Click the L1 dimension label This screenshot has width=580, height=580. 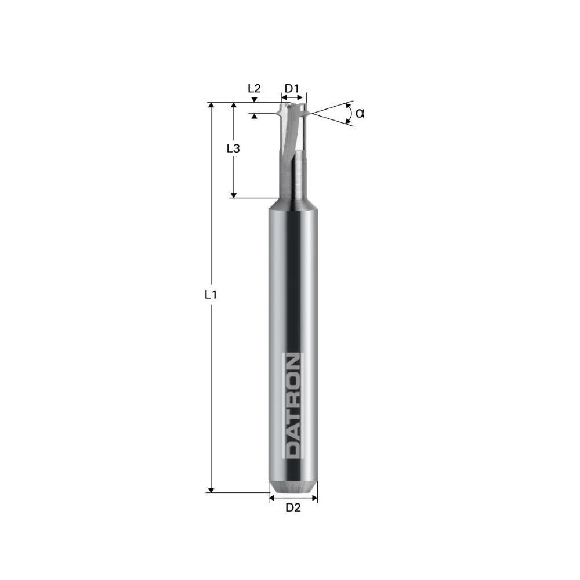point(211,295)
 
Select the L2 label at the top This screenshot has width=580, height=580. point(254,89)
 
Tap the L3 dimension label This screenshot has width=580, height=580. point(233,148)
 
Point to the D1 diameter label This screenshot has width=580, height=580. point(292,89)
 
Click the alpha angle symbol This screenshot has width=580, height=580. point(360,113)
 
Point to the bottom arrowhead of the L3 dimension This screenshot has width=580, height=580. point(234,195)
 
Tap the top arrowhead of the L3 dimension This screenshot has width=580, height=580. point(234,106)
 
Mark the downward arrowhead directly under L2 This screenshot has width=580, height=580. point(254,100)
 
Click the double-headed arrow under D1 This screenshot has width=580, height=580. point(293,99)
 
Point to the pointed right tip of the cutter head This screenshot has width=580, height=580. point(307,113)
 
